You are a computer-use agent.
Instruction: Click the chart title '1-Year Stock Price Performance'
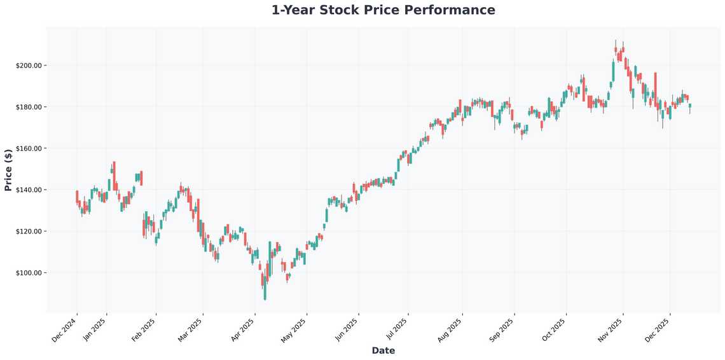(383, 10)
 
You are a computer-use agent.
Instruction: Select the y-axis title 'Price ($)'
(8, 169)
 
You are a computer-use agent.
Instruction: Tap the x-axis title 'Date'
(383, 350)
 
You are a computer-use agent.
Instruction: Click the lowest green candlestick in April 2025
(265, 289)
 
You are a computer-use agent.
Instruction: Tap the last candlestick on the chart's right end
(689, 106)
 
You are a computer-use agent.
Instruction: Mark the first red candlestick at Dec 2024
(77, 196)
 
